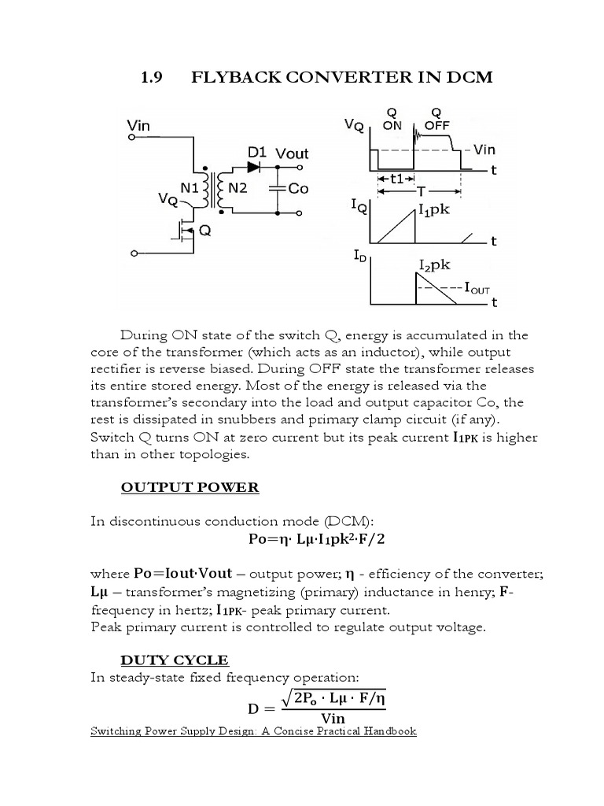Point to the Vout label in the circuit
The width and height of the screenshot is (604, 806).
coord(292,153)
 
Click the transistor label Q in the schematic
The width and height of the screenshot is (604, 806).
coord(204,231)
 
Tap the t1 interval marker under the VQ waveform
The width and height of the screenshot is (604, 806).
coord(402,179)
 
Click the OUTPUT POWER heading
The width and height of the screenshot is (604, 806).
coord(190,487)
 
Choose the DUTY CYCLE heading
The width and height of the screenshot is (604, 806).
coord(174,660)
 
